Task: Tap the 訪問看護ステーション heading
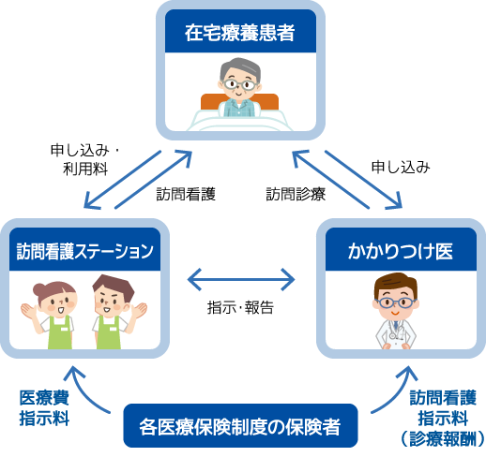tap(85, 250)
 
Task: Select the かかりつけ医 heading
tap(400, 250)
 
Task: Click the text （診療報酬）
tap(440, 437)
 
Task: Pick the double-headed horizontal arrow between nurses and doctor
tap(242, 278)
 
